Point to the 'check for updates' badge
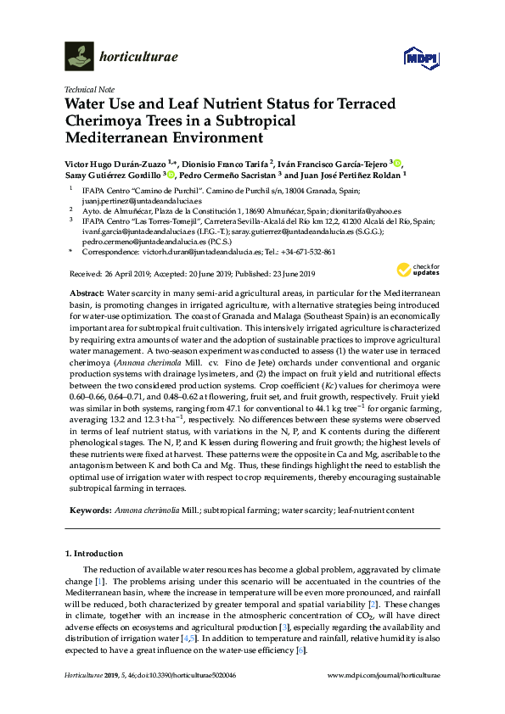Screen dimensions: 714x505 click(410, 271)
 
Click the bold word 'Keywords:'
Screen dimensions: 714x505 click(88, 511)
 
